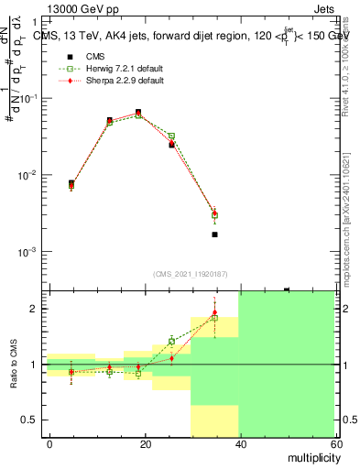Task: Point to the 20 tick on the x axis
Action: pos(144,443)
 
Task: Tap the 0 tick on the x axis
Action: pos(49,443)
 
